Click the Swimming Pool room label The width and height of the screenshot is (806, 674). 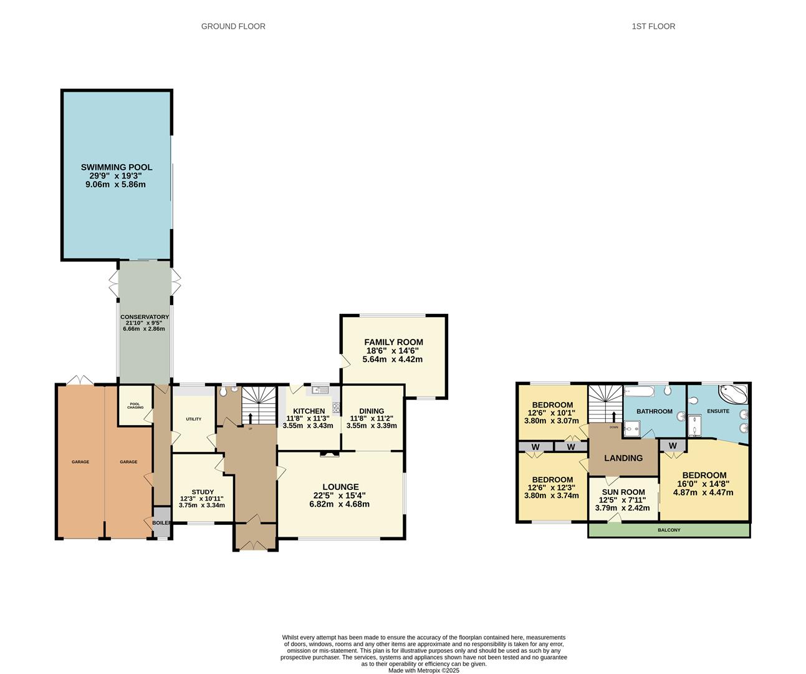tap(117, 167)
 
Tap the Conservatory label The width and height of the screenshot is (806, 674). tap(145, 317)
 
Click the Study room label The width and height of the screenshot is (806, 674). tap(203, 492)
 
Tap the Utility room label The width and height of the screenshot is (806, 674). tap(193, 419)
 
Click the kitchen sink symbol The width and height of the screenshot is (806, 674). tap(320, 391)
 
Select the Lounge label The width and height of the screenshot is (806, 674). tap(340, 487)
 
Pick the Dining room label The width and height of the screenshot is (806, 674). tap(372, 411)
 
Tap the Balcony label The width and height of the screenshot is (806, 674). tap(669, 530)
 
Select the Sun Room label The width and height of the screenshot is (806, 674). tap(623, 492)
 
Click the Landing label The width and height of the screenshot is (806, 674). tap(623, 458)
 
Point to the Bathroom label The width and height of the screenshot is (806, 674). tap(654, 411)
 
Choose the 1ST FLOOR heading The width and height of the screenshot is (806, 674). tap(653, 26)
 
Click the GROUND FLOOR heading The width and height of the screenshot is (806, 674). tap(233, 26)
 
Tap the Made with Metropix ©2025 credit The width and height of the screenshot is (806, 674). tap(424, 671)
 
